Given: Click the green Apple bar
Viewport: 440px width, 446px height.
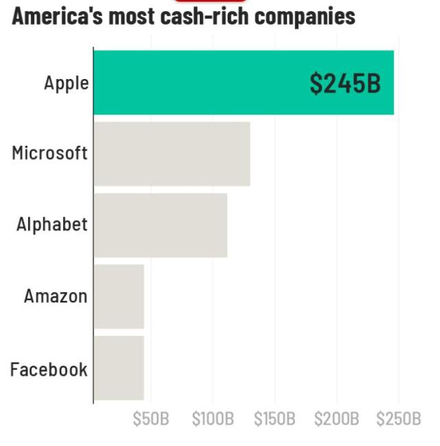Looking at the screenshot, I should [206, 82].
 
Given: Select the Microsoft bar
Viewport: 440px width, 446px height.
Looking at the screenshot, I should [172, 154].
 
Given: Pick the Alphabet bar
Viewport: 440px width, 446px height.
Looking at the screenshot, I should [160, 225].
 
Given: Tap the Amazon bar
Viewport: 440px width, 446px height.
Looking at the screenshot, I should [119, 296].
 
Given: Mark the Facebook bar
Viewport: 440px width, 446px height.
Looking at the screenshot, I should [119, 368].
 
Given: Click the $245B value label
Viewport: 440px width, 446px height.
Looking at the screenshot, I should [345, 83].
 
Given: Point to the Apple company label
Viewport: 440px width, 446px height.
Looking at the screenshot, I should [66, 83].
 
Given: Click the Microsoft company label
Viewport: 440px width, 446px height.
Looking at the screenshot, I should [49, 153].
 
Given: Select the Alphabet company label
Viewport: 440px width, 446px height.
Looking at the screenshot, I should [52, 224].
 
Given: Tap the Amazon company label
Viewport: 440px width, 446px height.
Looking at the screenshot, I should [56, 296].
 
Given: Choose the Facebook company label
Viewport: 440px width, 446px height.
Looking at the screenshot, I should [49, 369].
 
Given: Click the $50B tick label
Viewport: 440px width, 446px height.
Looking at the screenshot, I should [150, 419].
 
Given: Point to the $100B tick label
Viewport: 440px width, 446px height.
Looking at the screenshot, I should [212, 419].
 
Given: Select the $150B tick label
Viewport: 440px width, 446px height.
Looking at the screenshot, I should [274, 419].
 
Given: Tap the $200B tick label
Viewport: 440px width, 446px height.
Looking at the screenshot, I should [336, 419].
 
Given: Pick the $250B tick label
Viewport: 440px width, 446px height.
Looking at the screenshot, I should [398, 419].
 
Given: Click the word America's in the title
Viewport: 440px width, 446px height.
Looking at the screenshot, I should [56, 16].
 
